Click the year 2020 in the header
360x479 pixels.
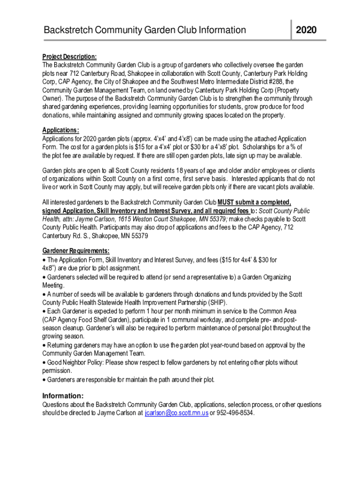[306, 30]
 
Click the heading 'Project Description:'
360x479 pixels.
[70, 56]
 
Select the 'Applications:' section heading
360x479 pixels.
[61, 130]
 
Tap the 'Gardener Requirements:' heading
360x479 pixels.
[76, 251]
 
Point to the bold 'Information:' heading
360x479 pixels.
[63, 395]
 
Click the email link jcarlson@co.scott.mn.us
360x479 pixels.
[177, 413]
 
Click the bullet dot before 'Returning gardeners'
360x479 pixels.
[44, 345]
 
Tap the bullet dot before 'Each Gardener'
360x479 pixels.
[44, 311]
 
